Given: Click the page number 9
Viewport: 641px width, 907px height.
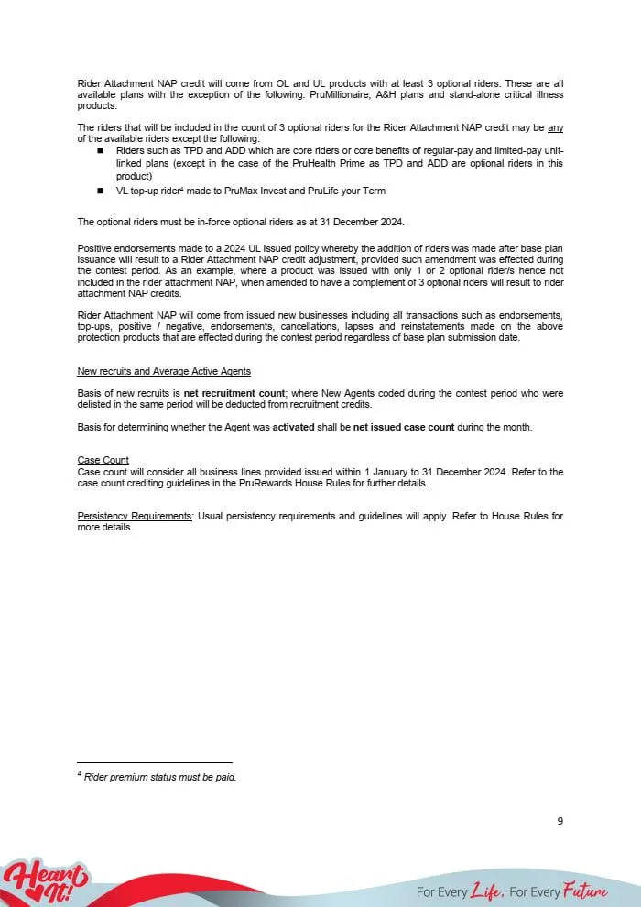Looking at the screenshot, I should (560, 821).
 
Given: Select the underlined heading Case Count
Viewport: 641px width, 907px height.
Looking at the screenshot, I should (103, 460).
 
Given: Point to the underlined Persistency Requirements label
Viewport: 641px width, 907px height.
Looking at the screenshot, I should (135, 517).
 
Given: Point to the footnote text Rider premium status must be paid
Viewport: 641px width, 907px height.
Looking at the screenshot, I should (160, 777).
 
